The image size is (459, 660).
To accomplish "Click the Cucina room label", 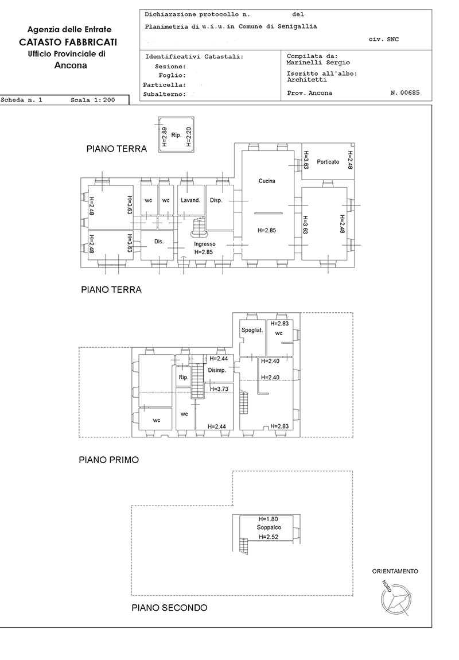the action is [267, 181].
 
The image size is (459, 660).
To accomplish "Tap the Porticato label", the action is [328, 162].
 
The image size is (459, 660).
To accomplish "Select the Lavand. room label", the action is [190, 200].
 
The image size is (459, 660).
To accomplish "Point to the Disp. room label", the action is [216, 200].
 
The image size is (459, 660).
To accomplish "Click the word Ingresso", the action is [205, 244].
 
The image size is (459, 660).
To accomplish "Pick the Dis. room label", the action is [158, 242].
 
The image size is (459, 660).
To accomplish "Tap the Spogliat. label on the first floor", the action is [252, 331].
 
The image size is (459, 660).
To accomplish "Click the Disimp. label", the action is [217, 370].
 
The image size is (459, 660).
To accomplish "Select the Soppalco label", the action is [269, 527].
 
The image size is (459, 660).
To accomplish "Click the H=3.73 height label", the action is [219, 389].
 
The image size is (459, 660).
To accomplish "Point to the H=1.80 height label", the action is [269, 519].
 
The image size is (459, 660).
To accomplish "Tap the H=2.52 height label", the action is [269, 537].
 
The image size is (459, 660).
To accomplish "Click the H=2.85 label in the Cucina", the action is [267, 230].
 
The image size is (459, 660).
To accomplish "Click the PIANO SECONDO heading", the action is [170, 608].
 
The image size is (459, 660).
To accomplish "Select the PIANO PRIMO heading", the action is [109, 460].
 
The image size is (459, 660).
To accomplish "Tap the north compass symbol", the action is [396, 597].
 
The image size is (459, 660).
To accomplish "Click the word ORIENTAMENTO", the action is [395, 571].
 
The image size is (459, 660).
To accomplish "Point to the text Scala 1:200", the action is [92, 100].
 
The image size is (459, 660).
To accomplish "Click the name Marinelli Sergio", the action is [318, 63].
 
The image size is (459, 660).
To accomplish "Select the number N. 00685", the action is [404, 92].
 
